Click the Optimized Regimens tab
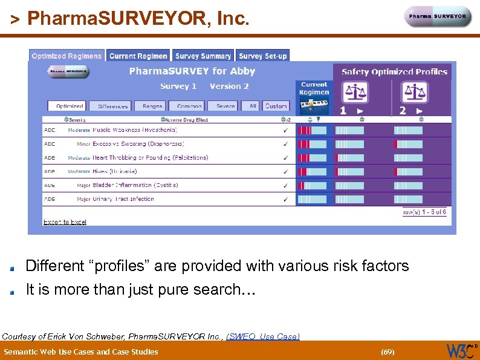coord(66,56)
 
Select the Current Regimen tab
coord(138,56)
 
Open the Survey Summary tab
coord(203,56)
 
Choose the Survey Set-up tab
coord(263,56)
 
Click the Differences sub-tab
coord(112,106)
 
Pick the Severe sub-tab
coord(225,106)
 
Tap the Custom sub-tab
coord(276,106)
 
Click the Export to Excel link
coord(65,222)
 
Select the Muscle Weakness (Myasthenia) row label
coord(134,130)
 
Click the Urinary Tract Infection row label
coord(123,199)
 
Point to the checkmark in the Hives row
coord(285,172)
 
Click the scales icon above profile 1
coord(354,92)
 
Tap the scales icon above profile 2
coord(414,92)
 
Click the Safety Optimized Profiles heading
coord(394,71)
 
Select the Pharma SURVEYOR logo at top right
coord(438,17)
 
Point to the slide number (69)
coord(387,352)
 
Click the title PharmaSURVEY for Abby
coord(192,71)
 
